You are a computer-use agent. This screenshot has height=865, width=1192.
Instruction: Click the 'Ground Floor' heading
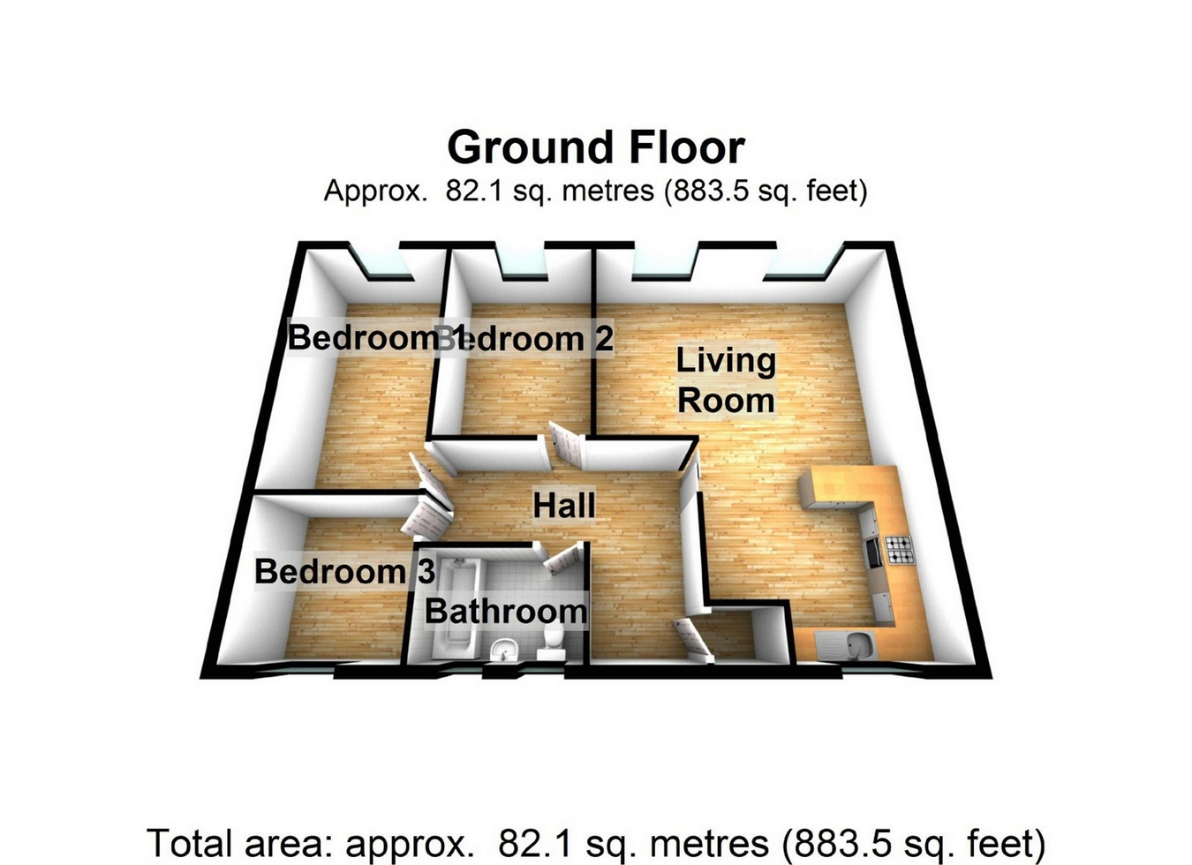[x=596, y=147]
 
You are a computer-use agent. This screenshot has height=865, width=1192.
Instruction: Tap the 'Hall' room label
[x=564, y=506]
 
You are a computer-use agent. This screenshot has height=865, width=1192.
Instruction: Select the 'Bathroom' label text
[x=505, y=611]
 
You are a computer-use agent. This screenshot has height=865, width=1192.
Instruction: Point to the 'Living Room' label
[x=726, y=380]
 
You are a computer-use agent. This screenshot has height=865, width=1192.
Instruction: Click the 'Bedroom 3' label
[x=344, y=571]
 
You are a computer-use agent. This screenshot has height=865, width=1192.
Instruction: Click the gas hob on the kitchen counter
[x=900, y=550]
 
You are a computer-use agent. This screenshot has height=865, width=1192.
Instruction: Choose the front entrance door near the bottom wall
[x=693, y=639]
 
